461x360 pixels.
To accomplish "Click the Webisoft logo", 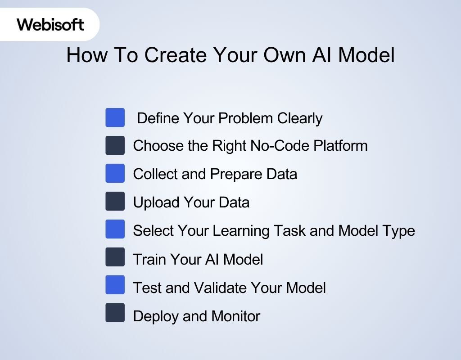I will point(50,24).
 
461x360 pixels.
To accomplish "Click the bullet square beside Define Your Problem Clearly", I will point(115,117).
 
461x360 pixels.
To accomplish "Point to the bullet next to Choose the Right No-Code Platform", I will point(115,145).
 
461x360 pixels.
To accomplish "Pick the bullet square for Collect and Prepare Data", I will point(115,173).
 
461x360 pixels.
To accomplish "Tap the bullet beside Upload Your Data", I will point(115,201).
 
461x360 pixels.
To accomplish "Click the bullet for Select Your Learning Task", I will point(115,229).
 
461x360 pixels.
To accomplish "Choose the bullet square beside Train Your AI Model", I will point(115,257).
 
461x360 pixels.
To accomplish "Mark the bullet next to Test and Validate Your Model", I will point(115,285).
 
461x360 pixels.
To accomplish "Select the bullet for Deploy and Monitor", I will point(115,313).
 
